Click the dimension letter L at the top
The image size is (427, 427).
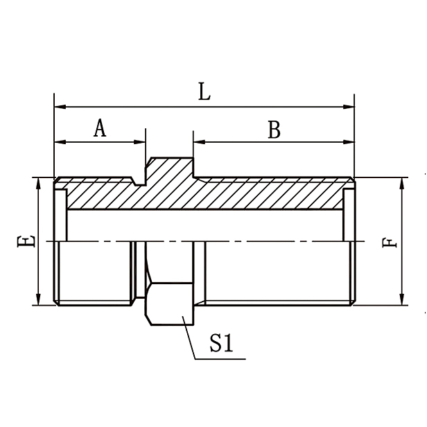tap(204, 92)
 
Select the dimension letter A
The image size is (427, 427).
tap(101, 128)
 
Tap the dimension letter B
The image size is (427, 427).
tap(274, 130)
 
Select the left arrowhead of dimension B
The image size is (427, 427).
tap(198, 142)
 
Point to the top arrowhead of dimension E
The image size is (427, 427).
tap(39, 182)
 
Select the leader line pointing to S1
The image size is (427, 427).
tap(189, 338)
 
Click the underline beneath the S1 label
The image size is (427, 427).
tap(222, 358)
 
